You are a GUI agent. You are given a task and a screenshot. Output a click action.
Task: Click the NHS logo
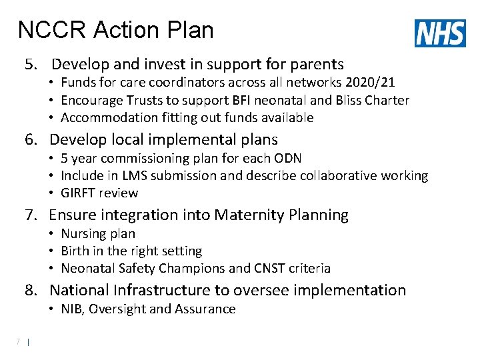tap(440, 33)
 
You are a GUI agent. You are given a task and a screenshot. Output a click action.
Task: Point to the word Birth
tap(75, 251)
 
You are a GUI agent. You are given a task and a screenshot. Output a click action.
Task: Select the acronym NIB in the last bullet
tap(72, 309)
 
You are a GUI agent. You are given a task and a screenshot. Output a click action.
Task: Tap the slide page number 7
tap(19, 342)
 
